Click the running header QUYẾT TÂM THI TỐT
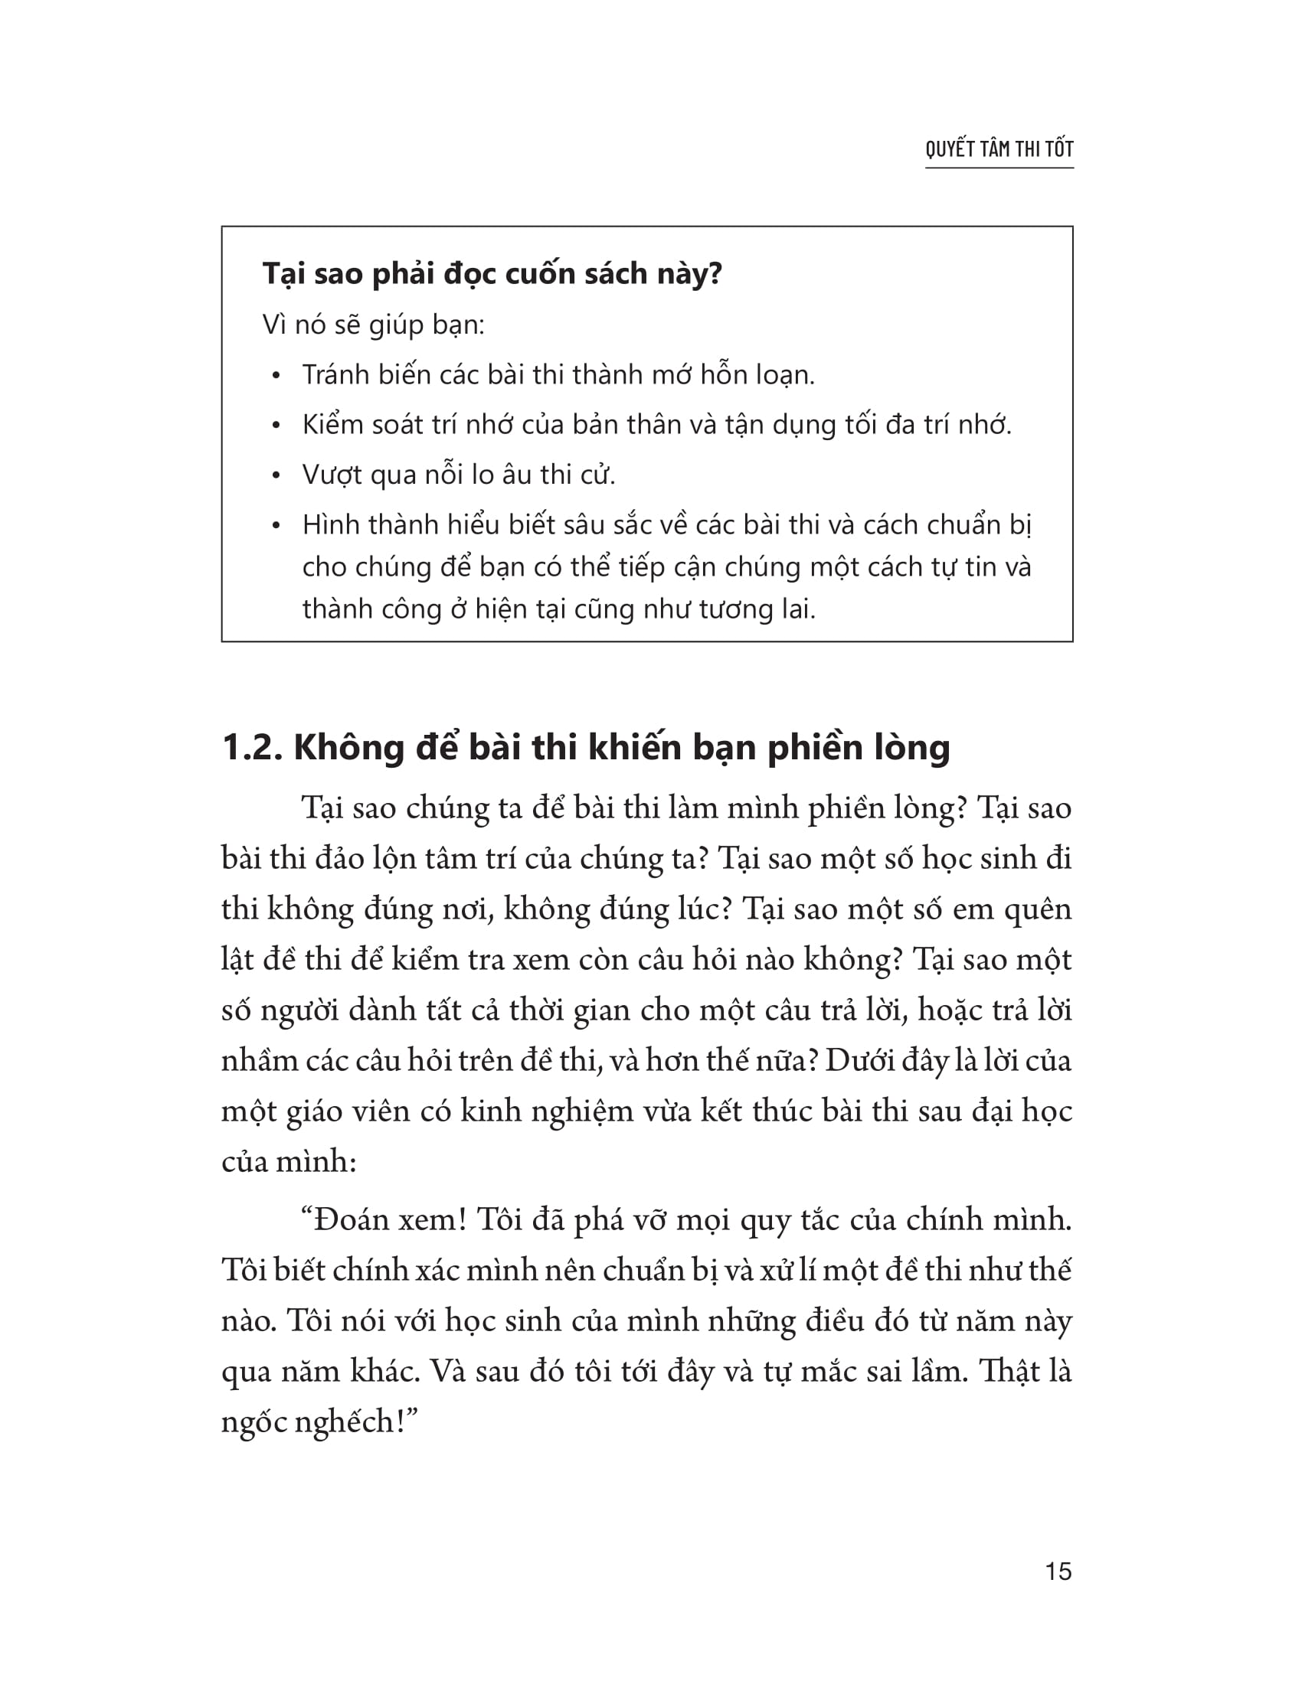click(x=999, y=148)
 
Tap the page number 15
click(x=1058, y=1571)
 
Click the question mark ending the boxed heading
click(x=715, y=274)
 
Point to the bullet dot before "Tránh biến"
click(x=276, y=377)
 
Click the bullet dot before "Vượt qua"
click(x=276, y=477)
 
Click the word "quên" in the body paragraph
click(x=1038, y=910)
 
